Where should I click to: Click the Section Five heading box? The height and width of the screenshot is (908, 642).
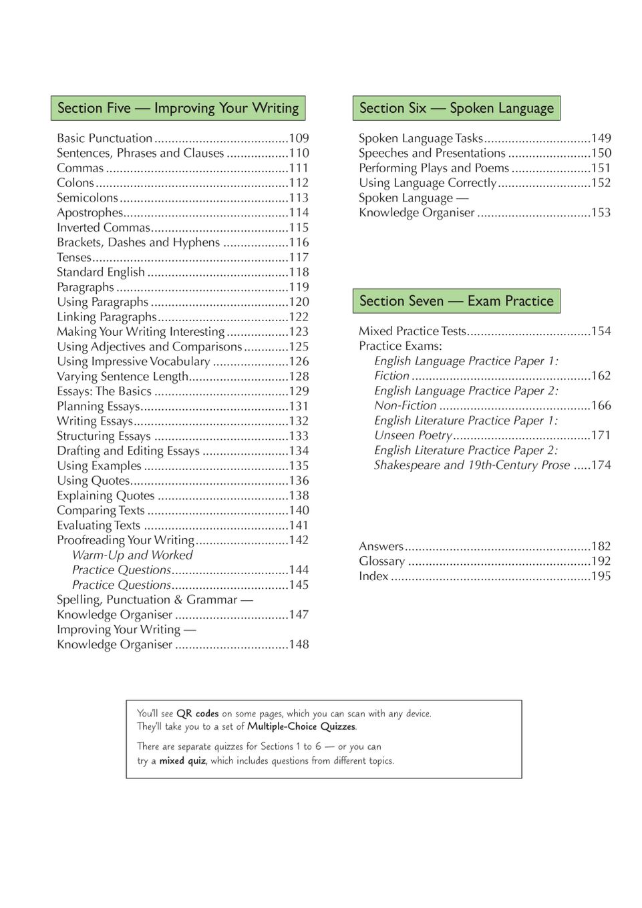tap(178, 108)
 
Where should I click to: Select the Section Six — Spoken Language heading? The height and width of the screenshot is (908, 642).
tap(456, 108)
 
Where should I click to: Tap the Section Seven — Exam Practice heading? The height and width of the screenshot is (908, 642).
tap(456, 301)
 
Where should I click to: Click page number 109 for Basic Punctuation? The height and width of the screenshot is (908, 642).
tap(299, 138)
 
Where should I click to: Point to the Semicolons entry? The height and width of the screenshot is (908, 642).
tap(88, 198)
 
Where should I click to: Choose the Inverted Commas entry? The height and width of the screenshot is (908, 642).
tap(104, 228)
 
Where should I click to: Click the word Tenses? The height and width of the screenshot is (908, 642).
tap(74, 257)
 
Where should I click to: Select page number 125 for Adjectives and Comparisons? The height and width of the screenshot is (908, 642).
tap(299, 347)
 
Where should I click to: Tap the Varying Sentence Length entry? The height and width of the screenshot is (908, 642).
tap(122, 377)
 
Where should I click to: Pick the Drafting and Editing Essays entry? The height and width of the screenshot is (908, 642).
tap(128, 451)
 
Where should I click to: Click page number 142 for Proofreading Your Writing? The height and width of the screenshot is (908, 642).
tap(299, 540)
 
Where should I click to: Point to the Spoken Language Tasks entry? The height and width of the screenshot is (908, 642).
tap(421, 138)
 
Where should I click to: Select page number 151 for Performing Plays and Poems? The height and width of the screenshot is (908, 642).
tap(601, 168)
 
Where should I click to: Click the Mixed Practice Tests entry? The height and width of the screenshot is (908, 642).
tap(412, 331)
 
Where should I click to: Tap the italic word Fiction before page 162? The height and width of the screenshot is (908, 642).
tap(391, 376)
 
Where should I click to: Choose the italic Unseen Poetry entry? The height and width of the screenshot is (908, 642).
tap(413, 435)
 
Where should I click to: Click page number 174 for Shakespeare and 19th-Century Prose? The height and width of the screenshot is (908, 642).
tap(601, 465)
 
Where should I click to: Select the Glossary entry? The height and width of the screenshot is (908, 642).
tap(381, 561)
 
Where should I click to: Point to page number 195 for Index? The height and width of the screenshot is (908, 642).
tap(601, 576)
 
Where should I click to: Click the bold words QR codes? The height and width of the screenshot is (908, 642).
tap(198, 714)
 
